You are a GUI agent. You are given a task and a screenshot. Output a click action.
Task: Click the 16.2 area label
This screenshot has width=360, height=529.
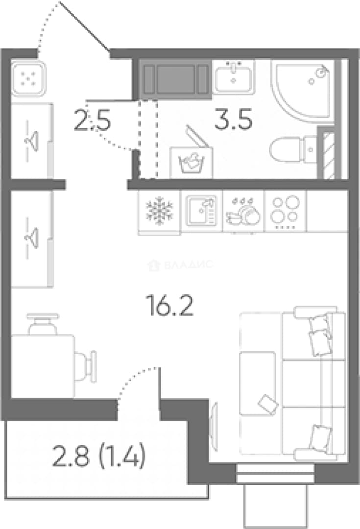point(169,305)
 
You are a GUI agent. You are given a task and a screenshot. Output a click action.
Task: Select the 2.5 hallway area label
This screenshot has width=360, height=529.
point(92,121)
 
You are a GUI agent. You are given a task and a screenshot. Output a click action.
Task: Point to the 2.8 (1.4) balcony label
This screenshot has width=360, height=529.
point(99,455)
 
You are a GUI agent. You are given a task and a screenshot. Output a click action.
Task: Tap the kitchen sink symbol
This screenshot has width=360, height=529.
point(202,211)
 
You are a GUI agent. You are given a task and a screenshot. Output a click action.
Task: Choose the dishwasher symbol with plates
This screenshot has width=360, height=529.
point(243,211)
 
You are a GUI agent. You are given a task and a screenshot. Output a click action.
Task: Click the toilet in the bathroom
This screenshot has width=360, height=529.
point(293,149)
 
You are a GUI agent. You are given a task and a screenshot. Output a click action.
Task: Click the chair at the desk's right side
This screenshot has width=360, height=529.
point(86,366)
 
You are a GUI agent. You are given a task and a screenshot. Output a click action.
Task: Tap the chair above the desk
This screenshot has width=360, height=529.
point(43,323)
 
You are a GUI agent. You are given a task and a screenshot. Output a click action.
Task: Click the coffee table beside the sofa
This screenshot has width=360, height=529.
point(258,383)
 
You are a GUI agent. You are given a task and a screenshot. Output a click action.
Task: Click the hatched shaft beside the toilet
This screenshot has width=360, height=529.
point(329,156)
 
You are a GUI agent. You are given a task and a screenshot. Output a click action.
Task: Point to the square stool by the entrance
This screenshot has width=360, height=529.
point(28,78)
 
